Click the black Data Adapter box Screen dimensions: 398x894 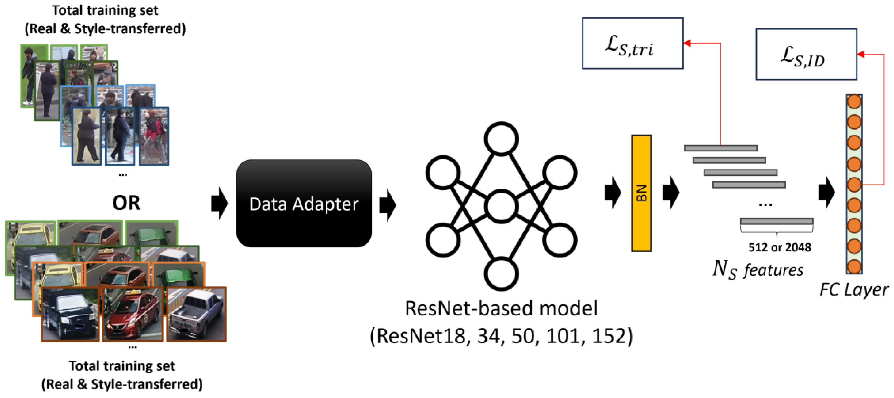304,203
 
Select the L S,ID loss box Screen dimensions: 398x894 806,55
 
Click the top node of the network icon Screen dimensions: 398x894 501,138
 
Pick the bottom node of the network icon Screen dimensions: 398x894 501,274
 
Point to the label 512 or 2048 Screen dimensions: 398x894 779,247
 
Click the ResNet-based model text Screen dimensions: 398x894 501,308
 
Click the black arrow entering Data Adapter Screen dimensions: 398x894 219,203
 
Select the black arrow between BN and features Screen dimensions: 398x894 670,192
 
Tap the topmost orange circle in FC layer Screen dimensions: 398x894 854,102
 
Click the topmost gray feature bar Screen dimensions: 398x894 720,148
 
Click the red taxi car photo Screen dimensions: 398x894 132,314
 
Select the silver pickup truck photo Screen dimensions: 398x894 196,314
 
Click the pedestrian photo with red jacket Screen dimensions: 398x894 154,136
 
